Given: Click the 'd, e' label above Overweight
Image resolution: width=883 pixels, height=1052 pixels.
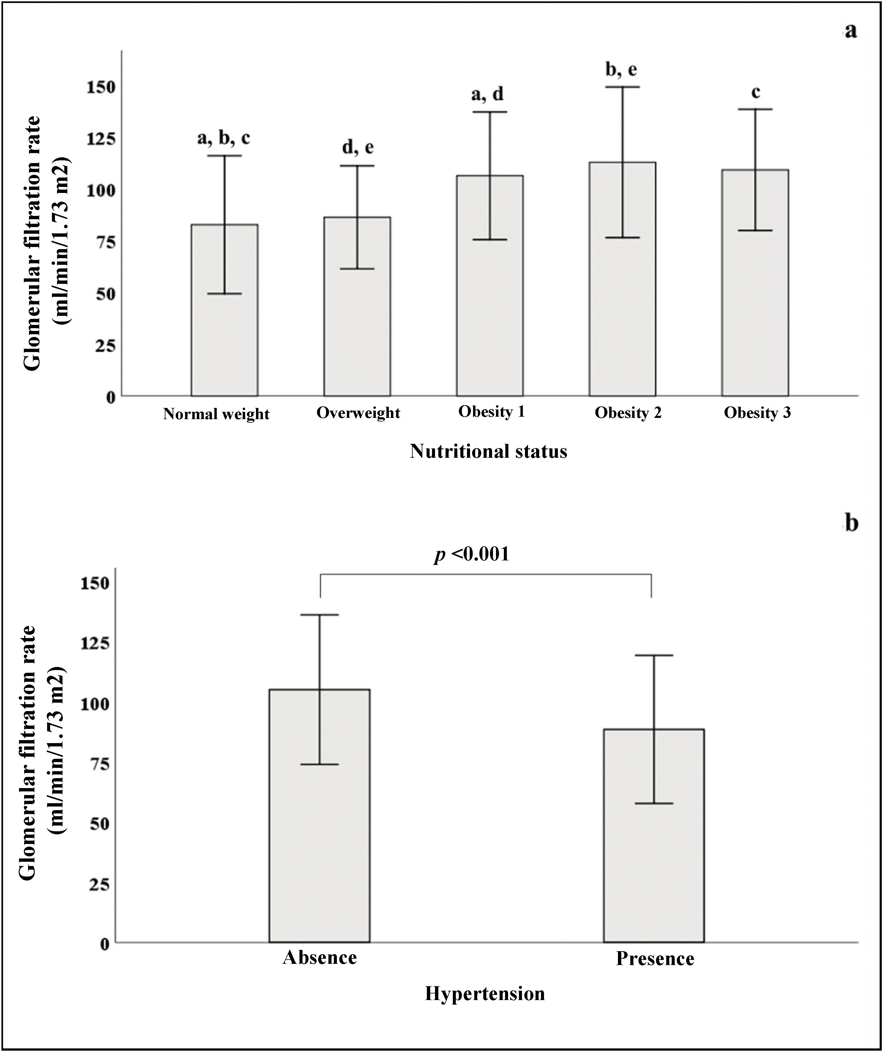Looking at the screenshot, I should [x=358, y=147].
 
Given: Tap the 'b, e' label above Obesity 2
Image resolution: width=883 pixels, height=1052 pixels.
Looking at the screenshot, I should [x=621, y=70].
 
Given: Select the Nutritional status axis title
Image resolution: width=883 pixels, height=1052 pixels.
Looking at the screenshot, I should [x=488, y=451].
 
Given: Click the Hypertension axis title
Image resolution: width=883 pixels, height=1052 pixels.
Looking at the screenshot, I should [x=485, y=993].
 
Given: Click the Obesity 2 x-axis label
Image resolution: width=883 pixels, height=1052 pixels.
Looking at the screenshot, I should [x=628, y=413].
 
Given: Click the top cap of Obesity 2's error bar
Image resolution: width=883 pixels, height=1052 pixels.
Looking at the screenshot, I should [x=622, y=87].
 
